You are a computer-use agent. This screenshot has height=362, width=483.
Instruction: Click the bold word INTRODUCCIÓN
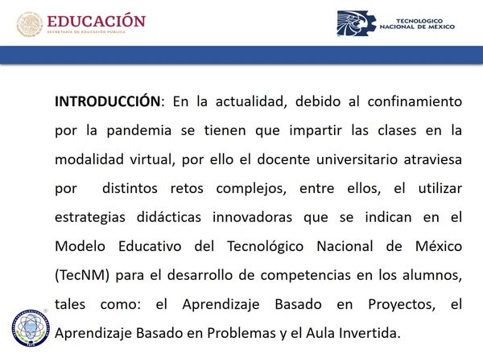(108, 101)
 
